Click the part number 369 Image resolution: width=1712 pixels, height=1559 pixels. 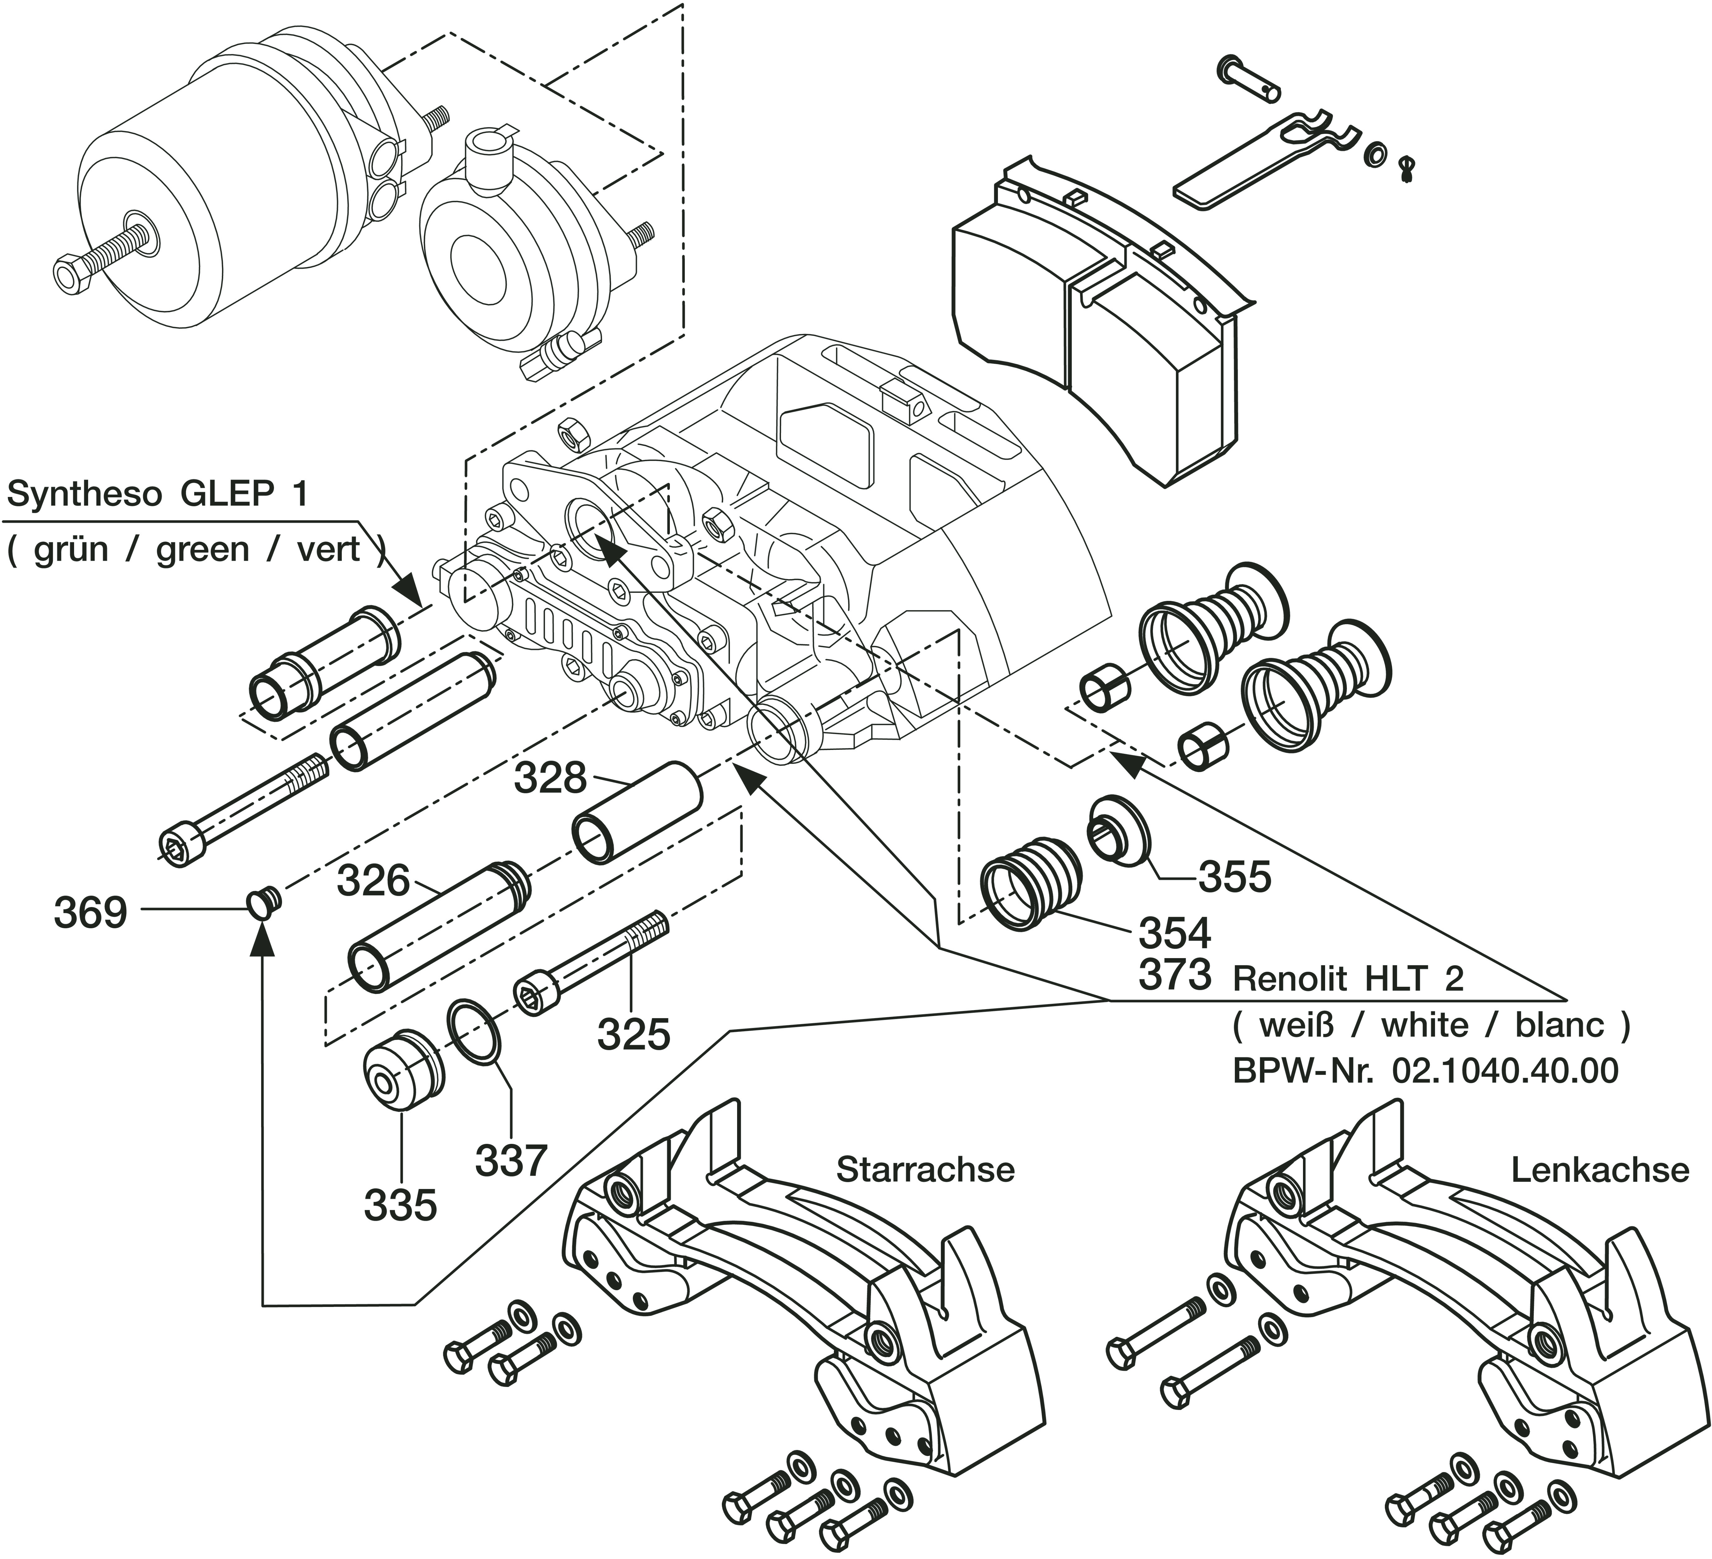click(x=90, y=913)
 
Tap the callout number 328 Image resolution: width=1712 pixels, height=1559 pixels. click(x=550, y=778)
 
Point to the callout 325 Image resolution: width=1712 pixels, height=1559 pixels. click(x=633, y=1033)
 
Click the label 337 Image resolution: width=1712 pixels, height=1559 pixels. click(x=510, y=1160)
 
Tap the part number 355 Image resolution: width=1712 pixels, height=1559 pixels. click(x=1235, y=876)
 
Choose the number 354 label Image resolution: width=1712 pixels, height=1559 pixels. click(x=1174, y=933)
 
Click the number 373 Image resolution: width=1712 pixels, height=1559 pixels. click(x=1174, y=975)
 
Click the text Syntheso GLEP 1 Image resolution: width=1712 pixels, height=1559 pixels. click(x=157, y=494)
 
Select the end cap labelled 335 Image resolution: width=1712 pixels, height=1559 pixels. click(x=401, y=1072)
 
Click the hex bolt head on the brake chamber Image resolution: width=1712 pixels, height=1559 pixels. click(x=70, y=274)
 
